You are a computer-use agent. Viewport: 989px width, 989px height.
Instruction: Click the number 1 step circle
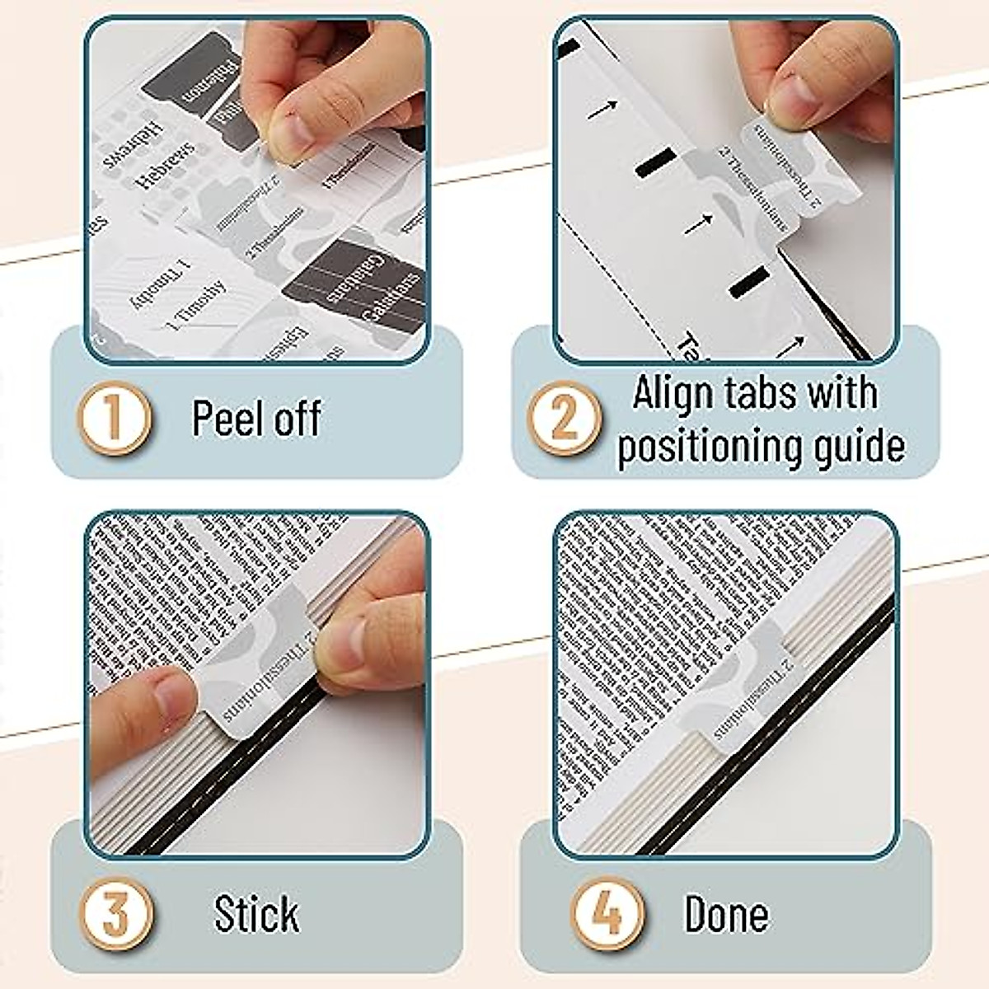tap(115, 418)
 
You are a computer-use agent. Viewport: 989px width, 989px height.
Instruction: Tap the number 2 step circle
tap(565, 418)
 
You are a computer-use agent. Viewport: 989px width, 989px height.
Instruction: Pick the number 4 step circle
tap(608, 913)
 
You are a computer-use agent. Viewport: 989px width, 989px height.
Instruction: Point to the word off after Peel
tap(297, 418)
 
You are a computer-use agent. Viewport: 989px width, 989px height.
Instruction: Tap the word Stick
tap(256, 914)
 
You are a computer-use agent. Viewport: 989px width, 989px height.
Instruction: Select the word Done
tap(726, 914)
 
